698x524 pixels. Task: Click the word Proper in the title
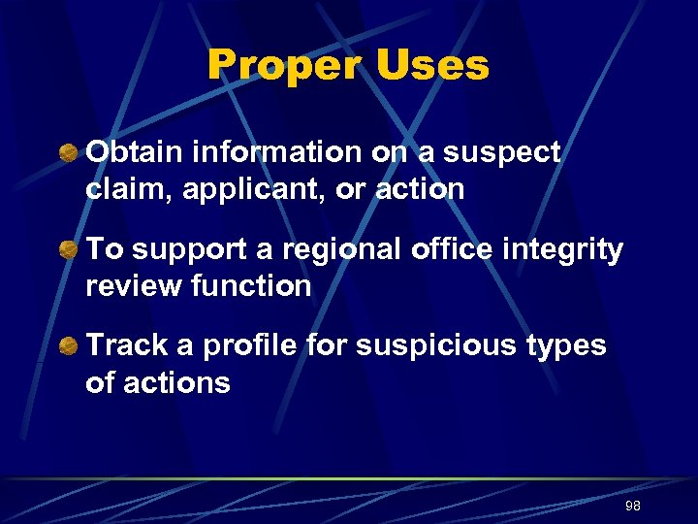tap(284, 66)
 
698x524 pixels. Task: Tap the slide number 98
tap(633, 507)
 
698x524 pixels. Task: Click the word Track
tap(124, 345)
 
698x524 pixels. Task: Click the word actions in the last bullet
tap(179, 382)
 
